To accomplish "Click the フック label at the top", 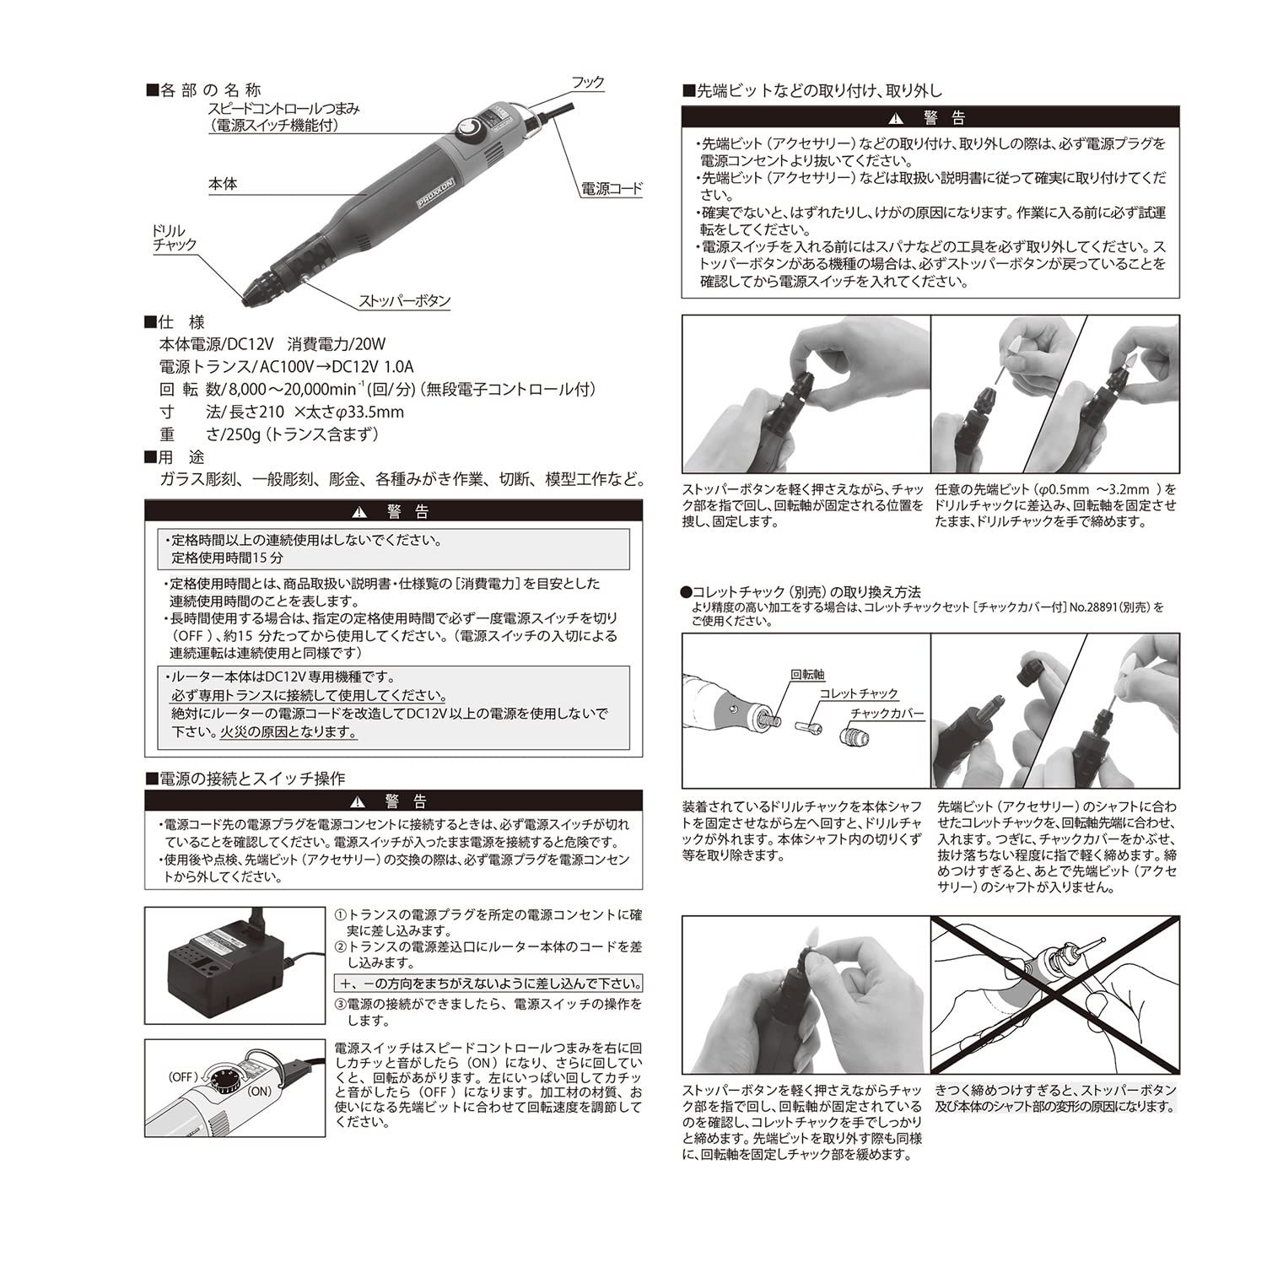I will pos(587,83).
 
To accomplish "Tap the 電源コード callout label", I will pos(611,189).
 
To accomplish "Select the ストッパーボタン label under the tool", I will pos(405,301).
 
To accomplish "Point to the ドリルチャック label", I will pos(174,238).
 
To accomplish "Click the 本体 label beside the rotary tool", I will pos(224,184).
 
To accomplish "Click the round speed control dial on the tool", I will pos(466,128).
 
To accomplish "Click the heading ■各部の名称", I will pos(203,90).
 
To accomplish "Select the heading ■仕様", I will pos(175,322).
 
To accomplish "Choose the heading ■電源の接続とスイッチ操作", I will pos(245,778).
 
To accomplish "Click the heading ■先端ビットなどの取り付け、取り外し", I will pos(811,90).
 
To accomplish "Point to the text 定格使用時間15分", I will pos(228,558).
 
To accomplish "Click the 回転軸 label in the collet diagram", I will pos(807,675).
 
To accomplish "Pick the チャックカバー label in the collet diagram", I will pos(887,714).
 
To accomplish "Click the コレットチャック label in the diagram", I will pos(859,693).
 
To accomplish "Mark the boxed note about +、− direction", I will pos(488,984).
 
